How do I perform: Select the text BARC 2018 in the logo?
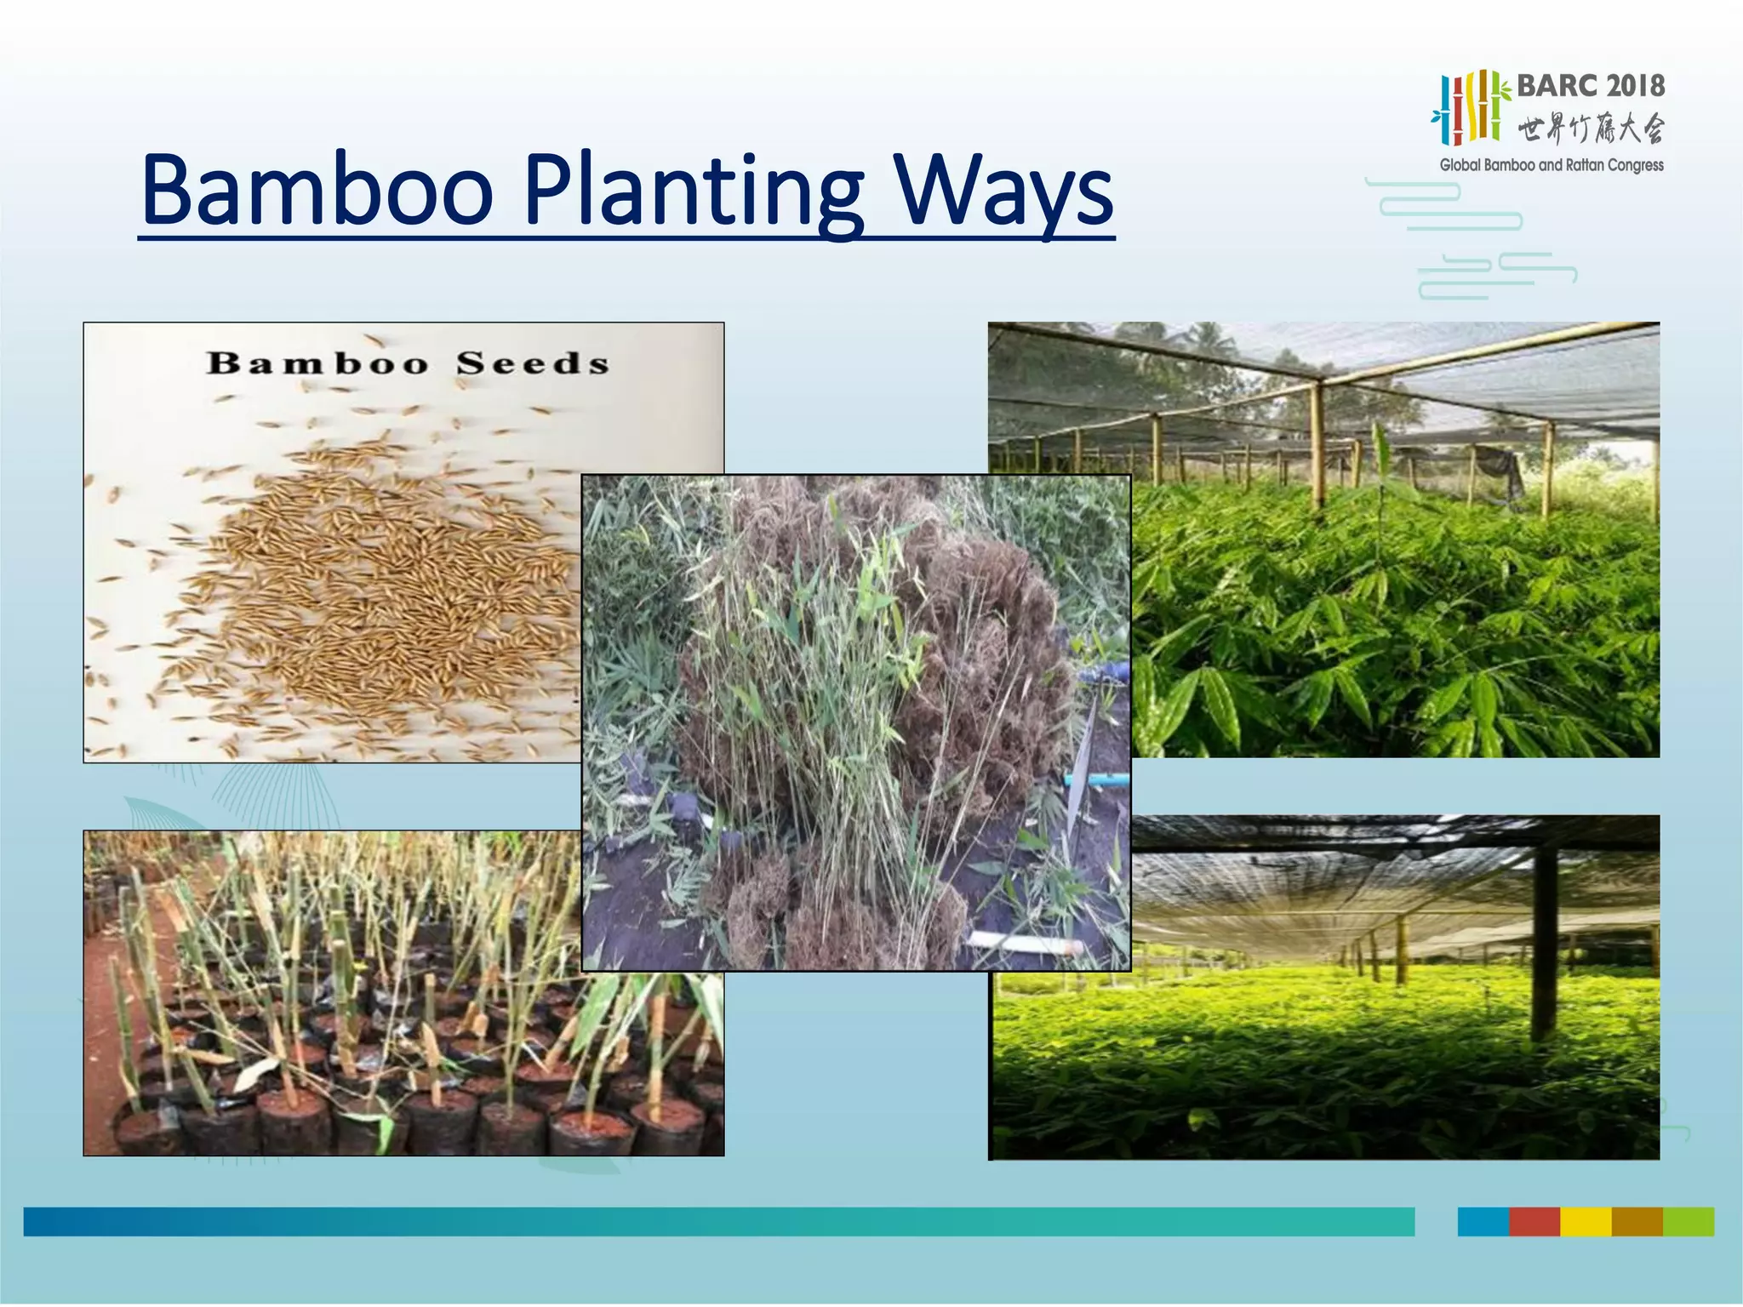(x=1590, y=86)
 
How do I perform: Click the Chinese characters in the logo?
(x=1590, y=129)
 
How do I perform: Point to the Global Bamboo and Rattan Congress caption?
(x=1551, y=165)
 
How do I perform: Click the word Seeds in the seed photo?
(x=533, y=364)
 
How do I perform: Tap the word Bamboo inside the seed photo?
(x=317, y=364)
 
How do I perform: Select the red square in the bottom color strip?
(x=1534, y=1222)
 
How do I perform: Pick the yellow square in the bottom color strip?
(x=1585, y=1222)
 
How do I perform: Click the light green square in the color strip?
(x=1689, y=1222)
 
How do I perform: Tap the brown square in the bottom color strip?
(x=1637, y=1222)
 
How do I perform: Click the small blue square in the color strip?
(x=1483, y=1222)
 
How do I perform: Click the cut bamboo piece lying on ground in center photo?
(x=1026, y=942)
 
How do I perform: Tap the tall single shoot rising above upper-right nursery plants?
(x=1379, y=459)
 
